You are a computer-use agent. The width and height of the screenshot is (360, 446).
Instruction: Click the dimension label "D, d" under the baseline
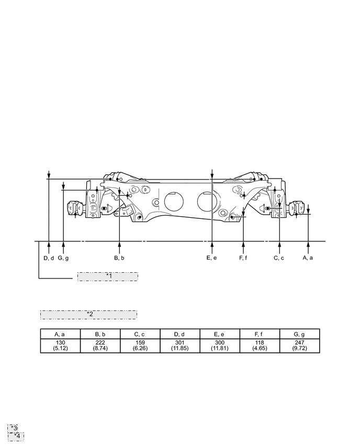pyautogui.click(x=49, y=258)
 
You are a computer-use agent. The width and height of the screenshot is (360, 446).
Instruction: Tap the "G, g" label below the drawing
pyautogui.click(x=63, y=258)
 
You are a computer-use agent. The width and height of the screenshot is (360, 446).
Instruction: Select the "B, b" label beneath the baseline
pyautogui.click(x=119, y=258)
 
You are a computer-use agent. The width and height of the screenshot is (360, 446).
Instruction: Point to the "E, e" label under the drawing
pyautogui.click(x=211, y=258)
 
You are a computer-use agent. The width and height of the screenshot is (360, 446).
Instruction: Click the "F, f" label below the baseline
pyautogui.click(x=243, y=258)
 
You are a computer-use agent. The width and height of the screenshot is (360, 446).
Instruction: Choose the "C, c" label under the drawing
pyautogui.click(x=279, y=258)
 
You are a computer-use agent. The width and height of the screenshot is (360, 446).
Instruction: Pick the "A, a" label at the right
pyautogui.click(x=308, y=258)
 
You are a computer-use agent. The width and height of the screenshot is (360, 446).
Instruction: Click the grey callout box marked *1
pyautogui.click(x=108, y=276)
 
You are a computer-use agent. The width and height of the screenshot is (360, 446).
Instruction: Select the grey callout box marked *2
pyautogui.click(x=88, y=315)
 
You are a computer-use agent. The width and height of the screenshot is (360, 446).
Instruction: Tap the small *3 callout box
pyautogui.click(x=13, y=428)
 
